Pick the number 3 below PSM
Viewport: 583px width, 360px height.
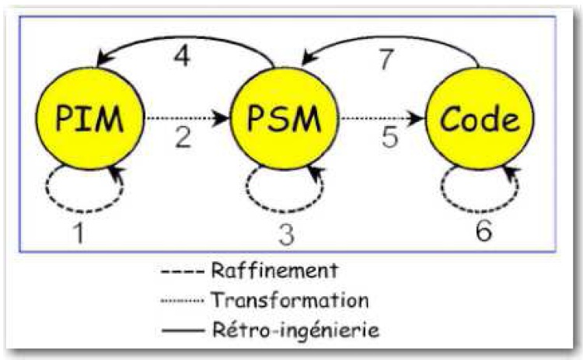[x=285, y=233]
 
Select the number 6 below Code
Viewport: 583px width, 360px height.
[x=483, y=231]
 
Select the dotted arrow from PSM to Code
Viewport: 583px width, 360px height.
[x=381, y=119]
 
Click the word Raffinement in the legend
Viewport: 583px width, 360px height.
[x=274, y=271]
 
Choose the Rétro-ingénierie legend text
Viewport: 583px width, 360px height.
[x=295, y=329]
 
